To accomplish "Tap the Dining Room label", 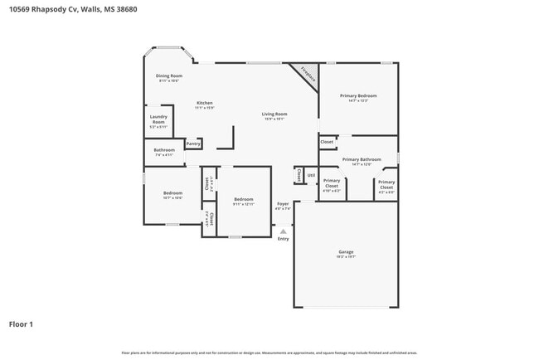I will [169, 76].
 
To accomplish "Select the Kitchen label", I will [204, 103].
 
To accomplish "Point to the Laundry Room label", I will [158, 119].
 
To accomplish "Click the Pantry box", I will [193, 144].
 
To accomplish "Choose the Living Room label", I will [274, 114].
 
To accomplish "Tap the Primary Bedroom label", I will [358, 96].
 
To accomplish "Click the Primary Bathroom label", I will [362, 159].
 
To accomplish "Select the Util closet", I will [311, 175].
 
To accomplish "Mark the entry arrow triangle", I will [284, 231].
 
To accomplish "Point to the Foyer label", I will [283, 203].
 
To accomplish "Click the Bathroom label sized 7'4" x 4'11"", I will [164, 151].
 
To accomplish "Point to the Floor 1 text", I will [21, 324].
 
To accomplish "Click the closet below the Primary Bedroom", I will [327, 142].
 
